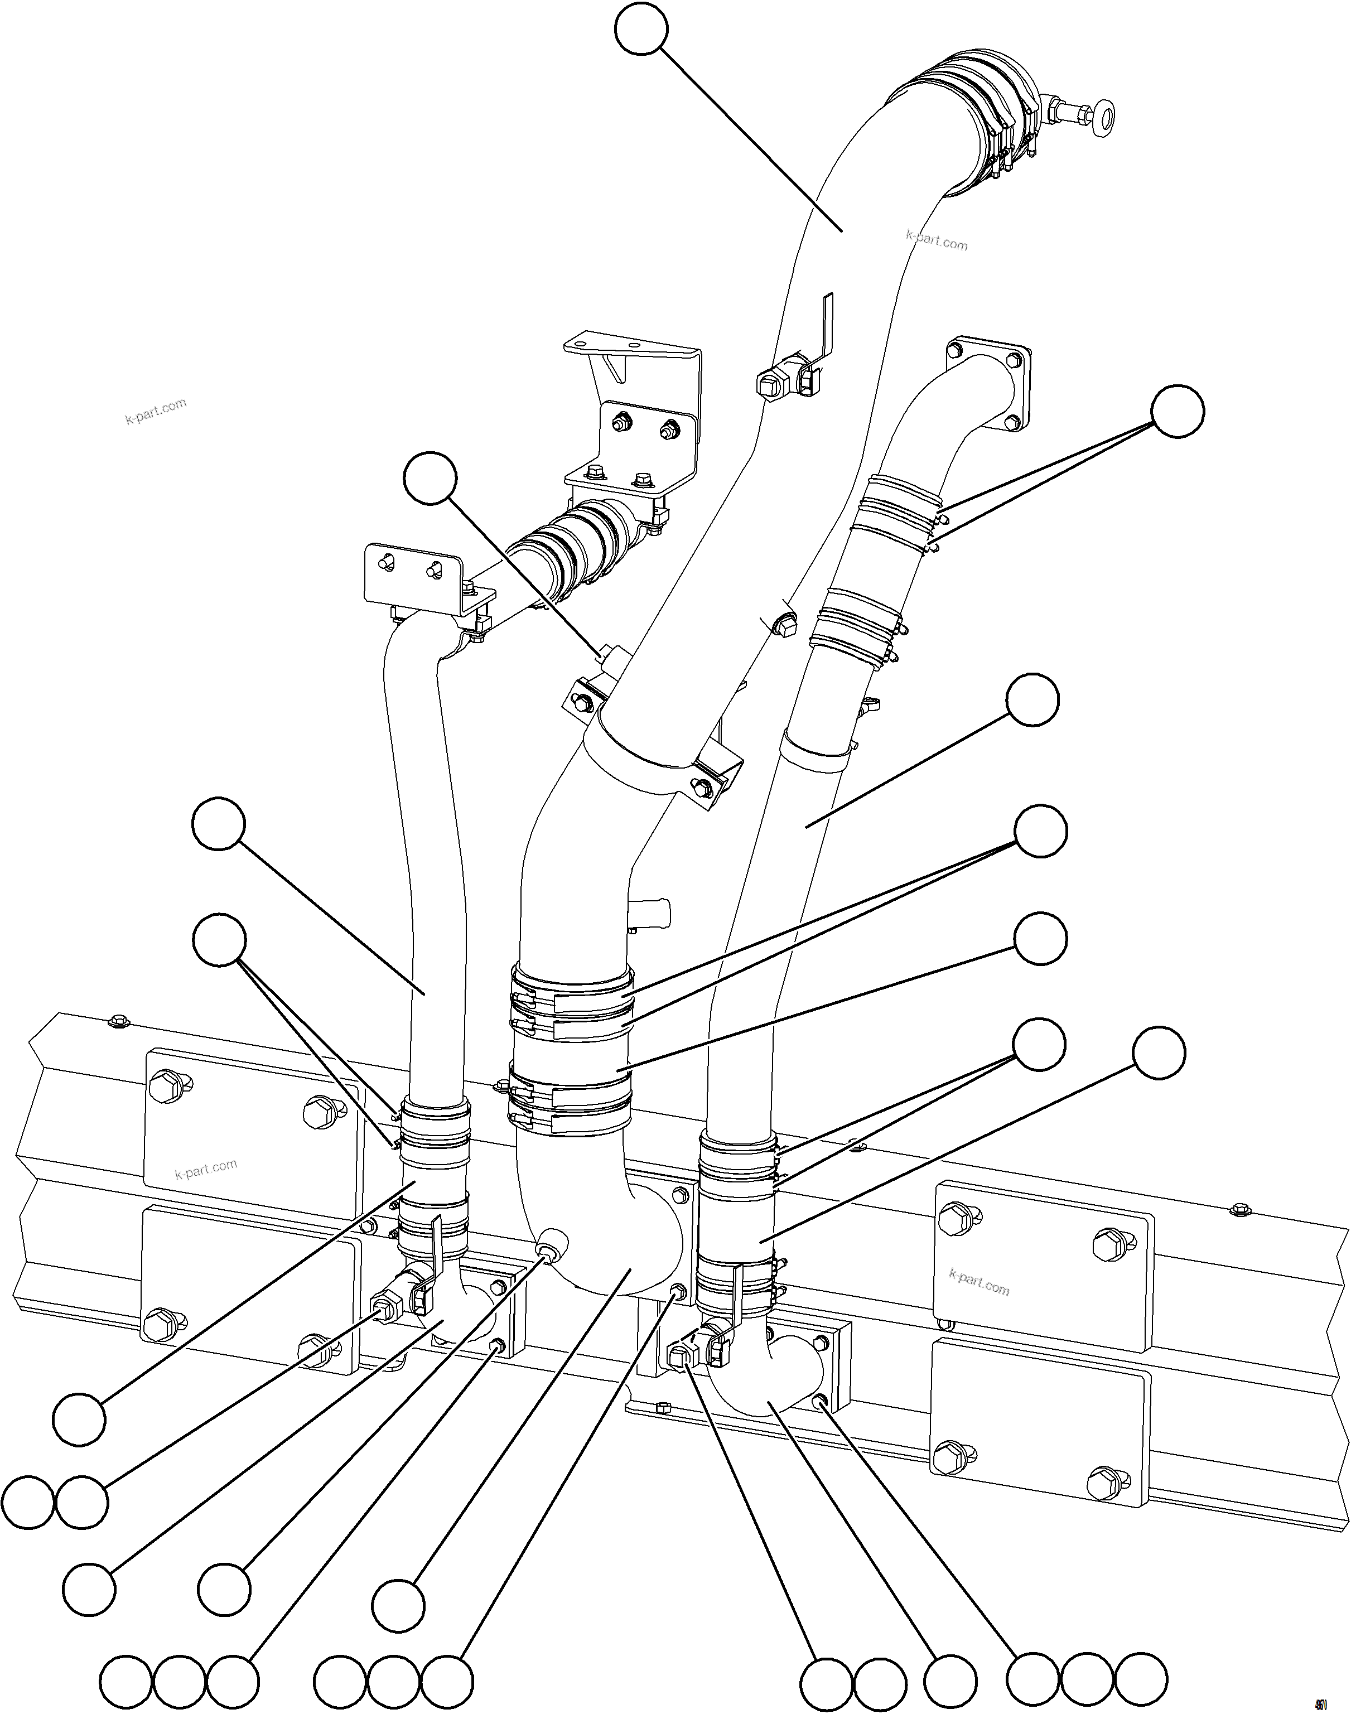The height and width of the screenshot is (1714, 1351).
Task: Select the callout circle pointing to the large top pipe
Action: click(641, 28)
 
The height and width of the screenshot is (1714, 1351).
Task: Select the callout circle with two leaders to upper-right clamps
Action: click(1177, 411)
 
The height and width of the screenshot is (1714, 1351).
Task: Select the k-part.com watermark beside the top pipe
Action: click(937, 240)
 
